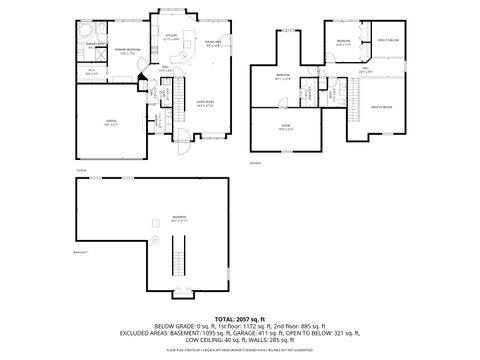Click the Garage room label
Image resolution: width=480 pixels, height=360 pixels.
pyautogui.click(x=110, y=121)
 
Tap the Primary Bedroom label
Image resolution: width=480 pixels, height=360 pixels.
pyautogui.click(x=125, y=50)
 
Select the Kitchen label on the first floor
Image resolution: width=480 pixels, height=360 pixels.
pyautogui.click(x=171, y=36)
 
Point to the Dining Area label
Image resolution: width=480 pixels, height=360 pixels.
pyautogui.click(x=212, y=42)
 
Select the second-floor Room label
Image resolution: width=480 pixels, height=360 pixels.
pyautogui.click(x=286, y=125)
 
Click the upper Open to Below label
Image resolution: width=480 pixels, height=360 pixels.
pyautogui.click(x=388, y=41)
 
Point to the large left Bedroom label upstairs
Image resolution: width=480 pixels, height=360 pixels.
pyautogui.click(x=283, y=76)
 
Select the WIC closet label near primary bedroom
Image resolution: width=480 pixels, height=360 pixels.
pyautogui.click(x=91, y=70)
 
